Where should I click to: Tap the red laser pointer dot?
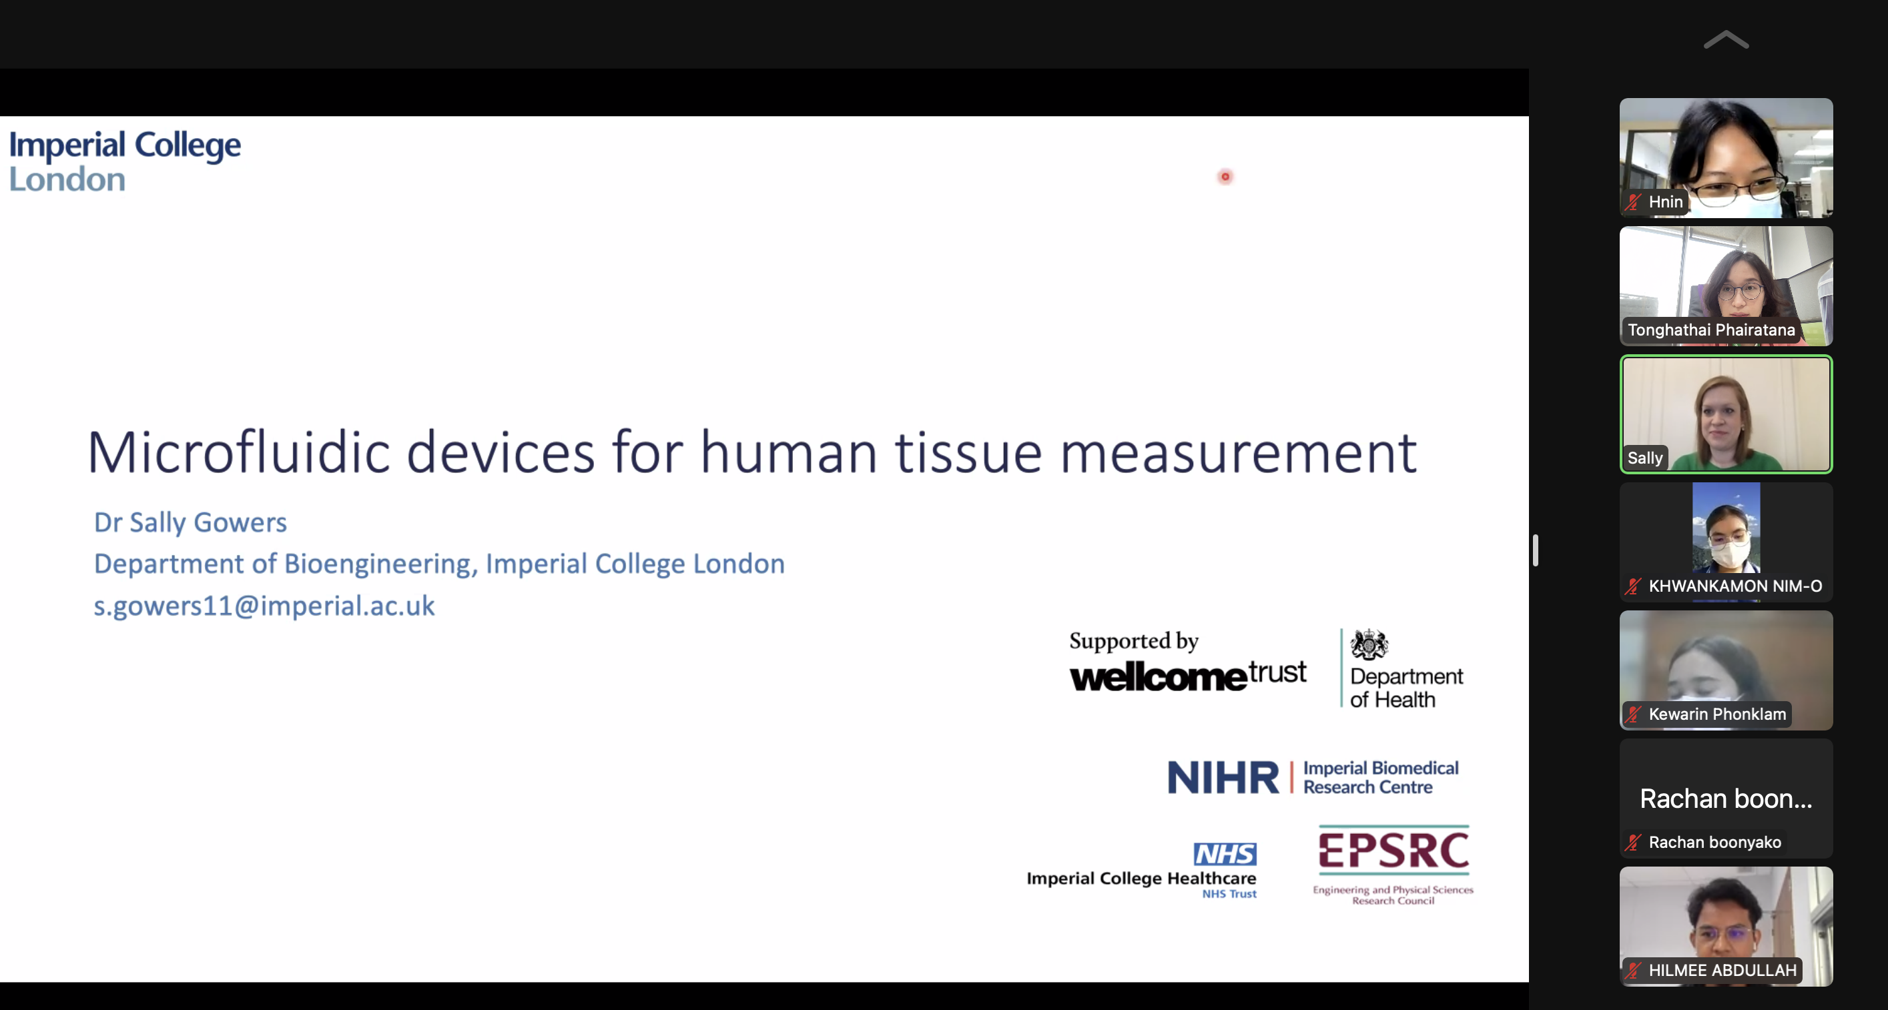[x=1225, y=177]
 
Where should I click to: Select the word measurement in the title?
[x=1238, y=454]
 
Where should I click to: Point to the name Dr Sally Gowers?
[x=190, y=522]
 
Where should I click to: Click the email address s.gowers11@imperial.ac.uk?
[x=264, y=606]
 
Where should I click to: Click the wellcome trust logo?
[x=1187, y=674]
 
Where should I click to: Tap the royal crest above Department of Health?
[x=1369, y=644]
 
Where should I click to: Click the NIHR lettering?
[x=1223, y=777]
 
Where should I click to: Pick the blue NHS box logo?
[x=1225, y=854]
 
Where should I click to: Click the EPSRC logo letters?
[x=1393, y=851]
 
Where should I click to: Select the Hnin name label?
[x=1665, y=201]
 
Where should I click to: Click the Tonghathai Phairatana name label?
[x=1711, y=330]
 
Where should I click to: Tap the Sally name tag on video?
[x=1644, y=458]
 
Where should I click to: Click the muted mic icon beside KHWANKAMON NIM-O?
[x=1633, y=586]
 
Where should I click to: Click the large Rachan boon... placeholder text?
[x=1726, y=799]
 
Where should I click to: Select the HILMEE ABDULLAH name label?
[x=1722, y=971]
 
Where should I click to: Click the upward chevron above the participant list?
[x=1726, y=39]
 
